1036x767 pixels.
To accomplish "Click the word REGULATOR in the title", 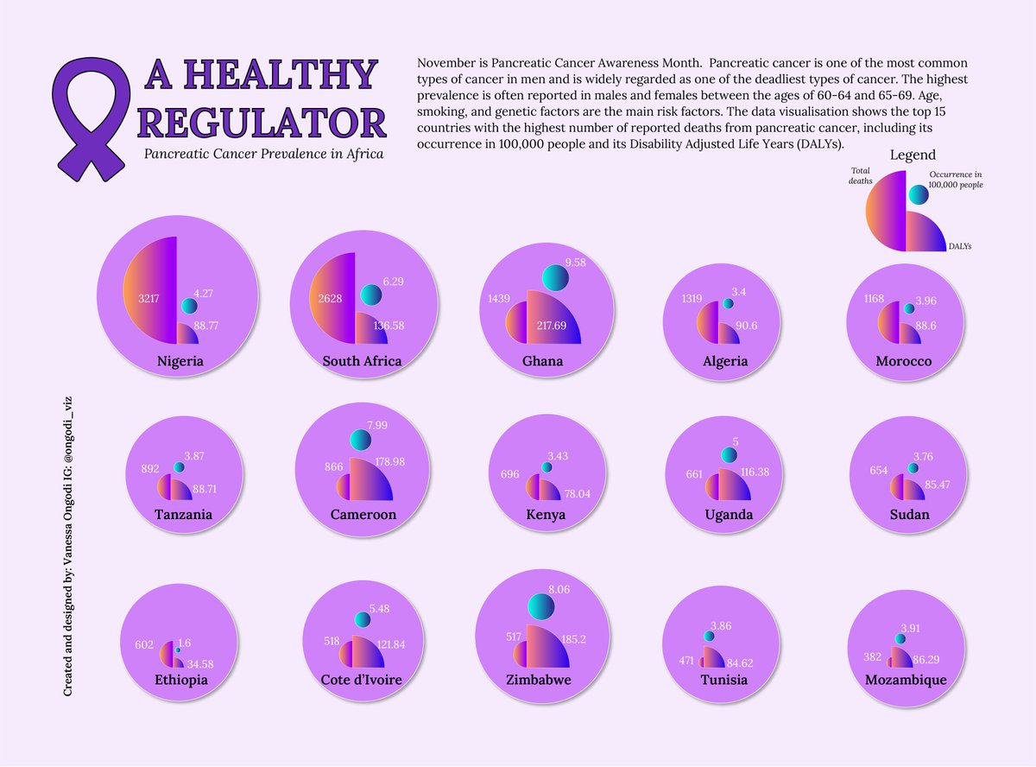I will [x=262, y=121].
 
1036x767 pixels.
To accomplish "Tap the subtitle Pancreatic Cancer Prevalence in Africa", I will [x=263, y=154].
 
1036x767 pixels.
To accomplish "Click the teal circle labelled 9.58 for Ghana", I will [x=557, y=277].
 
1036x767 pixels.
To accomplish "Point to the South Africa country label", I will [x=362, y=361].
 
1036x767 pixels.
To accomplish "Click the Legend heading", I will [x=913, y=155].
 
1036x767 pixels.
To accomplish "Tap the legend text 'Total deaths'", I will [x=861, y=176].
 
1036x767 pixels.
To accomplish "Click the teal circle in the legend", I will [x=918, y=196].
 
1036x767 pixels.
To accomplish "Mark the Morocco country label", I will [x=903, y=361].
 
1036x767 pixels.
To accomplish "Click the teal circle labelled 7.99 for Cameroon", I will [x=360, y=441].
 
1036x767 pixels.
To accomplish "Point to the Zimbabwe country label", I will [x=539, y=681].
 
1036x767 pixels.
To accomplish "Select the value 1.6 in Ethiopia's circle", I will [x=185, y=643].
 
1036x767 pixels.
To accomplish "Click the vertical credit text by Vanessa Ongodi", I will [x=67, y=547].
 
